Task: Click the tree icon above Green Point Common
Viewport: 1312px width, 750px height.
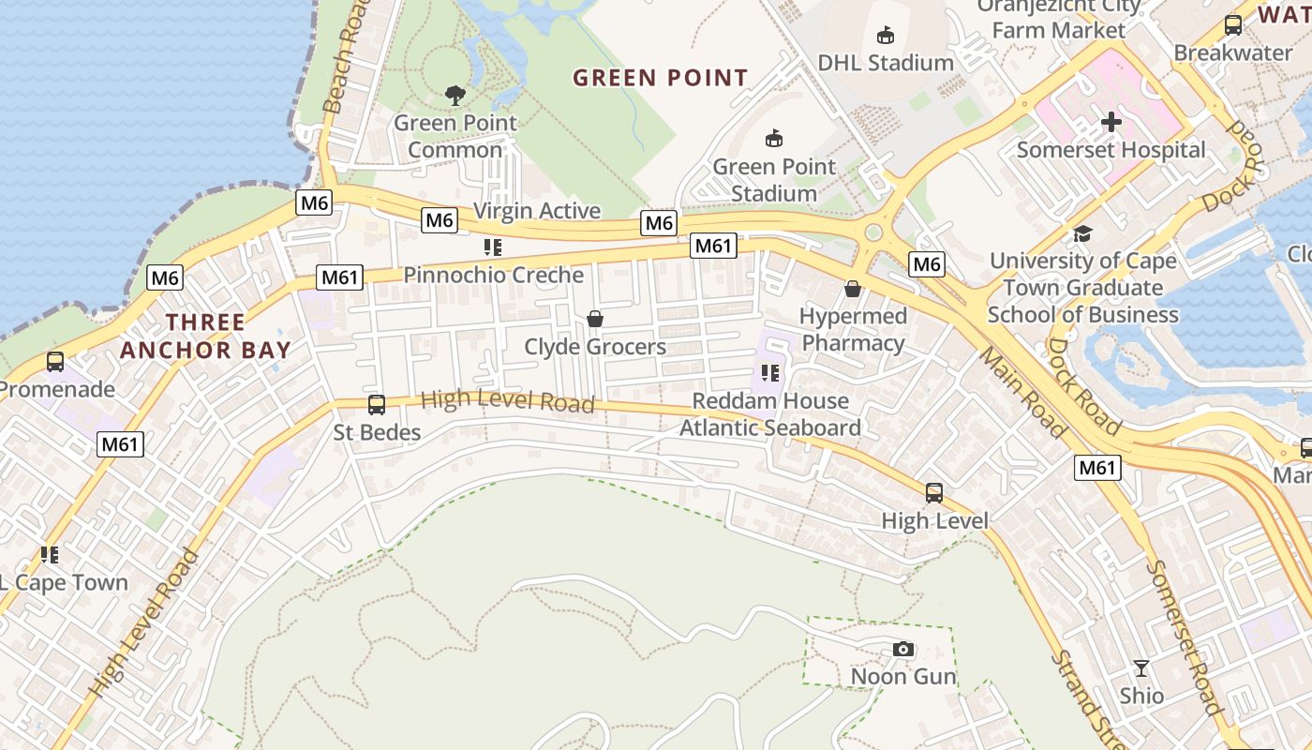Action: point(455,94)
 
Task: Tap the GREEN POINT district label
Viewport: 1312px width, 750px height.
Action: point(661,78)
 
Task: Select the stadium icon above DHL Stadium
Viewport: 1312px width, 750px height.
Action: point(885,36)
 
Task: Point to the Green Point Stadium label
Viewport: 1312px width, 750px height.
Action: point(773,180)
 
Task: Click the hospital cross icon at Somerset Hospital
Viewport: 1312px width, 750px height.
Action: point(1111,122)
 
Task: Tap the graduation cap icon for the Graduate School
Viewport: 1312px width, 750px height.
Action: point(1083,233)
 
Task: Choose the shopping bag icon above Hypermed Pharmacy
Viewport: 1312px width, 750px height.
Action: point(853,289)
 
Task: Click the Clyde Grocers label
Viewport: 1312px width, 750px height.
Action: point(595,347)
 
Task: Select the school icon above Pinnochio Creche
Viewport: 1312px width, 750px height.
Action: point(493,247)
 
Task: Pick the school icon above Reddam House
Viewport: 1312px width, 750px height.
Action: point(770,373)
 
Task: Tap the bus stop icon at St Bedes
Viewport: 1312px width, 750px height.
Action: point(377,404)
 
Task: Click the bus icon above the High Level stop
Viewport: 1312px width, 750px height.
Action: point(934,492)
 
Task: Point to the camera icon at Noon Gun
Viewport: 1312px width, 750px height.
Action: point(903,649)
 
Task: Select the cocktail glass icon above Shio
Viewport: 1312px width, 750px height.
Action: point(1141,667)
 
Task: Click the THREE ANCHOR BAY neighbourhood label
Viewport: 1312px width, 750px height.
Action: point(205,337)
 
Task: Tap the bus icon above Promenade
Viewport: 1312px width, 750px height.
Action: point(55,362)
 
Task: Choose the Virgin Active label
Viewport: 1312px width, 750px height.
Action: point(537,211)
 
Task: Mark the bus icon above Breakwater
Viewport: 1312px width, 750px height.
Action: point(1233,25)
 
